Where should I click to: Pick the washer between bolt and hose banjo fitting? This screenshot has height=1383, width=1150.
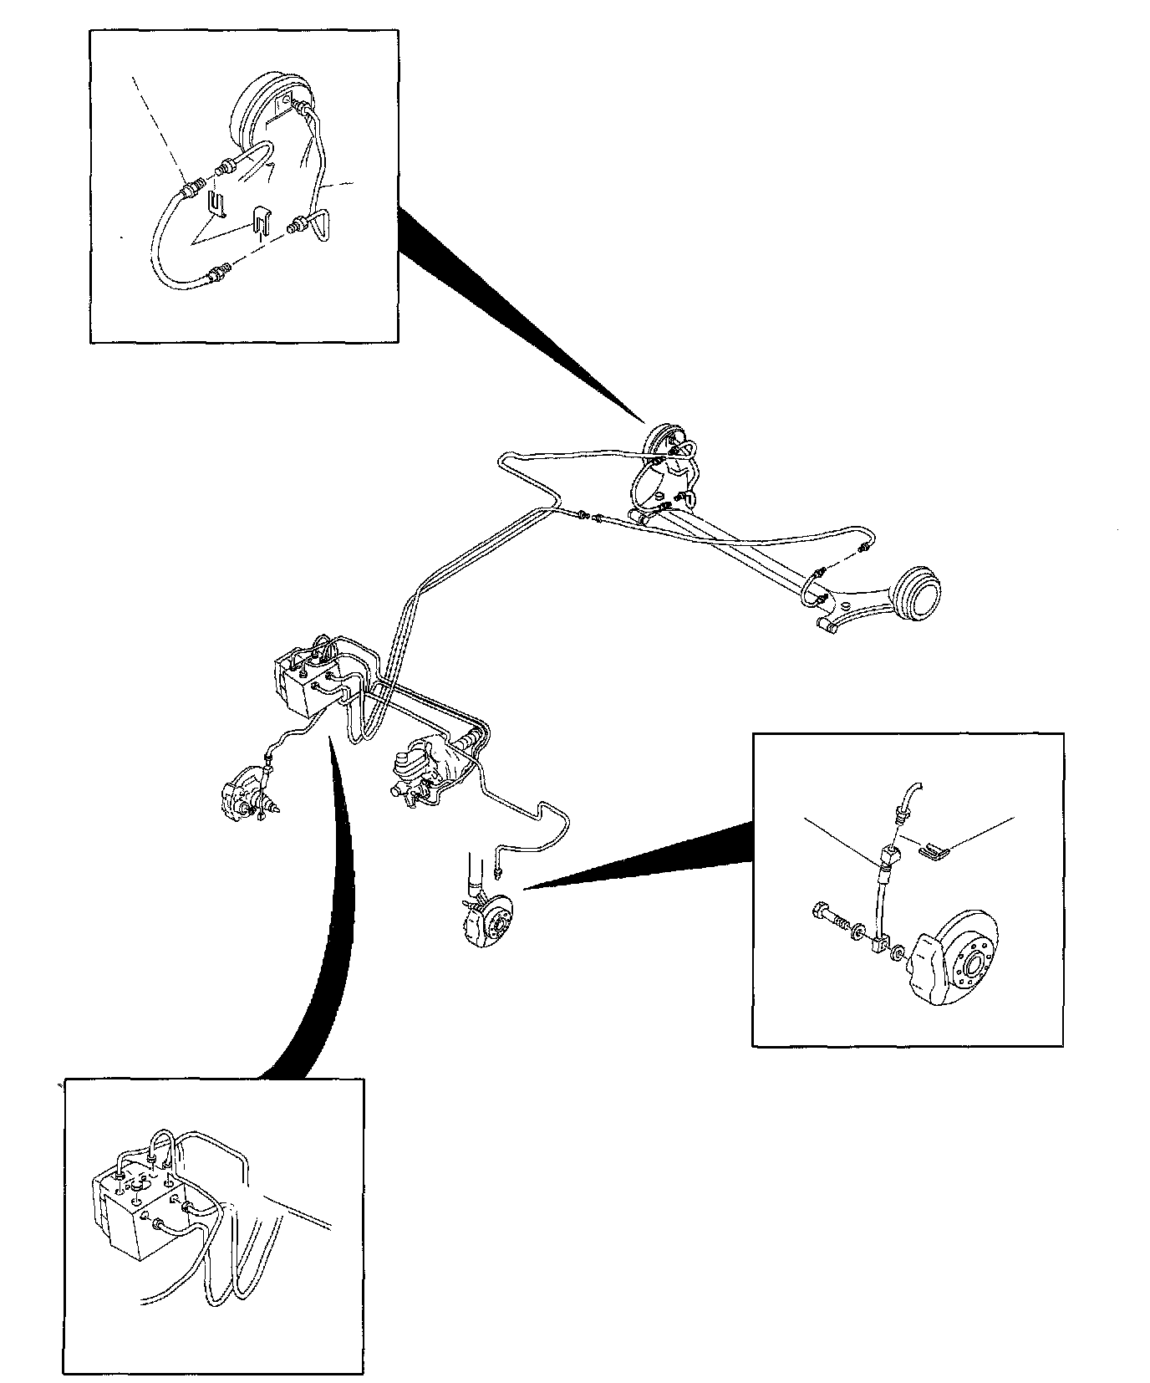[x=858, y=931]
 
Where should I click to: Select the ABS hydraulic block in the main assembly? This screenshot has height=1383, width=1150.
[x=305, y=681]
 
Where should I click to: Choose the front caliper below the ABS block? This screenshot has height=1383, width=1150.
[x=242, y=794]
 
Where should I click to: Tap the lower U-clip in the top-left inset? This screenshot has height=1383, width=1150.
[x=261, y=222]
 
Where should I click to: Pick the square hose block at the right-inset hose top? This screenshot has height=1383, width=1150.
[x=888, y=856]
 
